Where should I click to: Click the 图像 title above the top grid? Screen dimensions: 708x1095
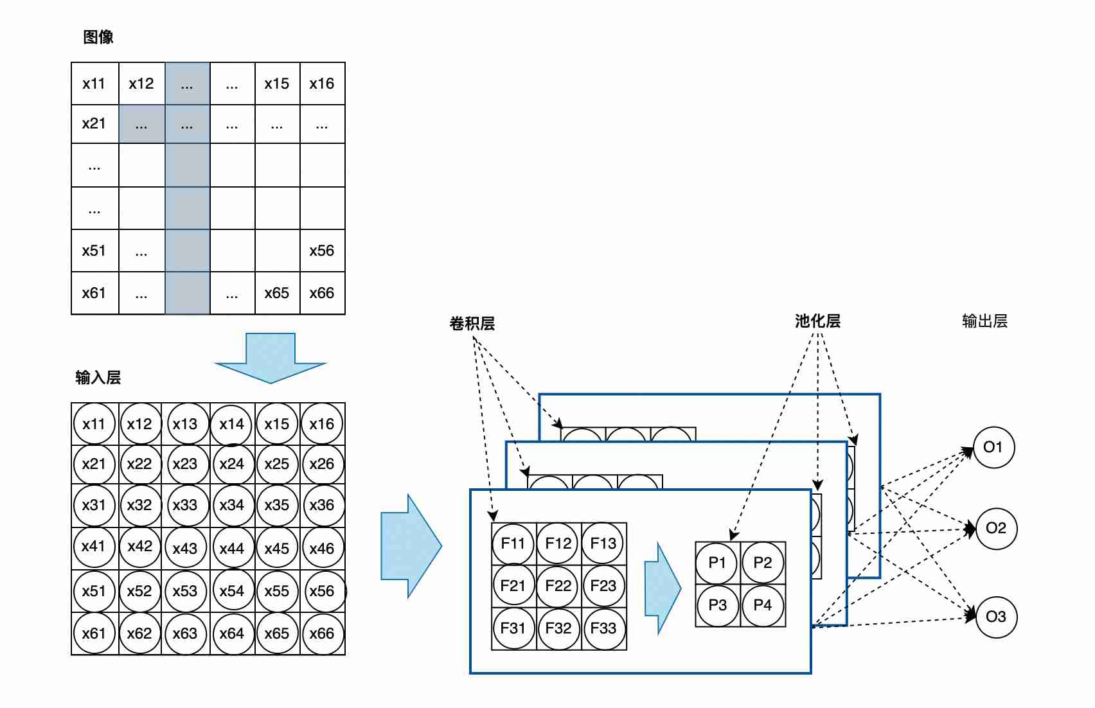[x=98, y=37]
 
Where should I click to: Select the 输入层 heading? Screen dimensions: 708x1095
[x=98, y=378]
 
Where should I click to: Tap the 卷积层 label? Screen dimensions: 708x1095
[x=472, y=323]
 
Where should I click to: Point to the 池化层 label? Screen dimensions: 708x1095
[x=817, y=321]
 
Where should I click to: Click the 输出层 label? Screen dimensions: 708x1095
[x=984, y=321]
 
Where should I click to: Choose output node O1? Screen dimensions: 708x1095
[x=993, y=447]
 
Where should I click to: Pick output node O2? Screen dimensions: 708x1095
[x=996, y=528]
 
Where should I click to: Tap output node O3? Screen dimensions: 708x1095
[x=996, y=617]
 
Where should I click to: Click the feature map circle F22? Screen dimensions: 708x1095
[x=558, y=586]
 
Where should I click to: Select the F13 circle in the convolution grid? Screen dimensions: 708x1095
[x=603, y=544]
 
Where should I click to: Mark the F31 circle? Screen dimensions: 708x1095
[x=513, y=628]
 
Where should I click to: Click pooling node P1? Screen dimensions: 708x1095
[x=717, y=563]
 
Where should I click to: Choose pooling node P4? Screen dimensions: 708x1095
[x=763, y=605]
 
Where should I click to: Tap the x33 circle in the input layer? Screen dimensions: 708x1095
[x=185, y=505]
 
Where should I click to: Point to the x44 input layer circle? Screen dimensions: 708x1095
[x=232, y=549]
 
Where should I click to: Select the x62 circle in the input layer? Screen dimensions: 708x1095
[x=139, y=633]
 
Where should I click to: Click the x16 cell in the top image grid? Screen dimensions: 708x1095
[x=322, y=84]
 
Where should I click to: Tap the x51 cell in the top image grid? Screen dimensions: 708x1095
[x=94, y=251]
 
